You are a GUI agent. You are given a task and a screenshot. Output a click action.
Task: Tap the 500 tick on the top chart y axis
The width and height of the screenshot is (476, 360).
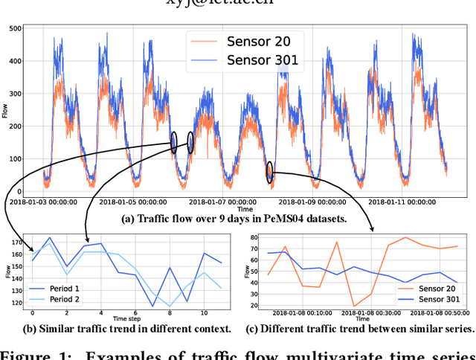(x=13, y=28)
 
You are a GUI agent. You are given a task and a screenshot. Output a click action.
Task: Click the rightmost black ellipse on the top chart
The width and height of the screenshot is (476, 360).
(x=269, y=172)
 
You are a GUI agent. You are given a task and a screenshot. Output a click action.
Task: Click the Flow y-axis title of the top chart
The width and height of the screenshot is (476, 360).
(x=6, y=112)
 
